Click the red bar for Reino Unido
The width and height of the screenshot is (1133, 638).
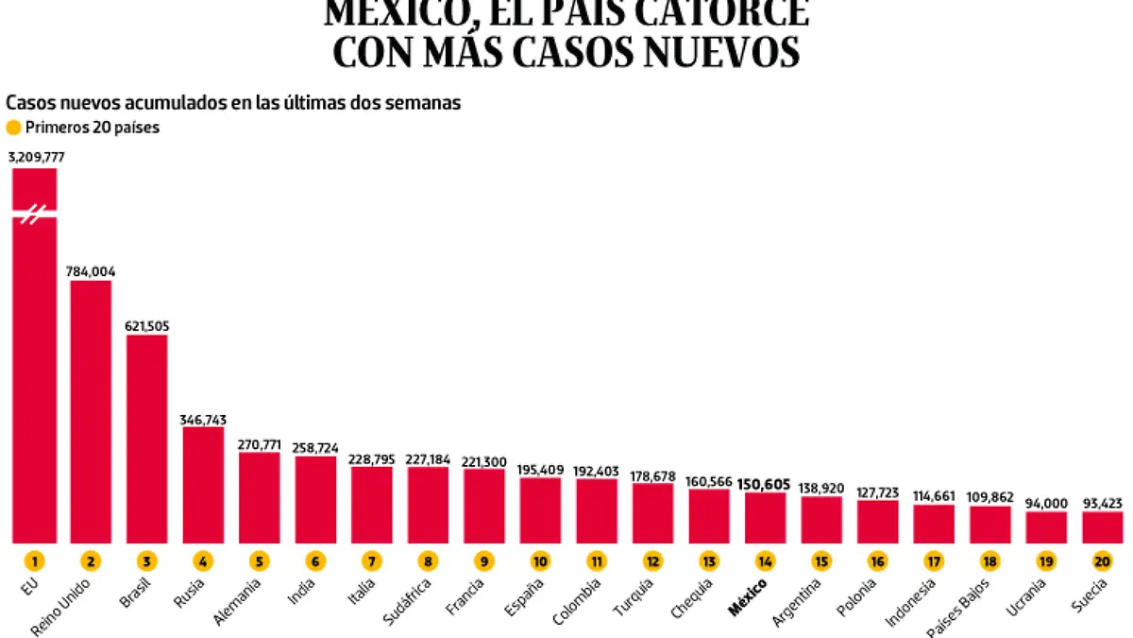click(91, 411)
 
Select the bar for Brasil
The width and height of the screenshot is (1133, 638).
click(146, 439)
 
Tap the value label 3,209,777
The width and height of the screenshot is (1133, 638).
click(36, 157)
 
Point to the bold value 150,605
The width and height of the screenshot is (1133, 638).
click(764, 484)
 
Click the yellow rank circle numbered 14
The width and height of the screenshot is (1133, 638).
click(765, 560)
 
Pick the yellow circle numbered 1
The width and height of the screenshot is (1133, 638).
click(35, 560)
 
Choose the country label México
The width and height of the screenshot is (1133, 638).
click(748, 597)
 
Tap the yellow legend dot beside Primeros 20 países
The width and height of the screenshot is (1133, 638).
click(13, 129)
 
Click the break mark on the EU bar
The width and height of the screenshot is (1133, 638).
click(34, 215)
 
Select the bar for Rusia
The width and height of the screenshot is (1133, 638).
click(203, 485)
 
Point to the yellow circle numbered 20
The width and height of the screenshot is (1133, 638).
click(1102, 560)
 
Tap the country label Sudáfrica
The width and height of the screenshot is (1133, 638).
click(411, 601)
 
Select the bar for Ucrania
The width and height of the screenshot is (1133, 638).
click(1046, 527)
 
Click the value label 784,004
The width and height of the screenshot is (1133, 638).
click(91, 270)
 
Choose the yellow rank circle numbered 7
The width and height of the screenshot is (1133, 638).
click(371, 560)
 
